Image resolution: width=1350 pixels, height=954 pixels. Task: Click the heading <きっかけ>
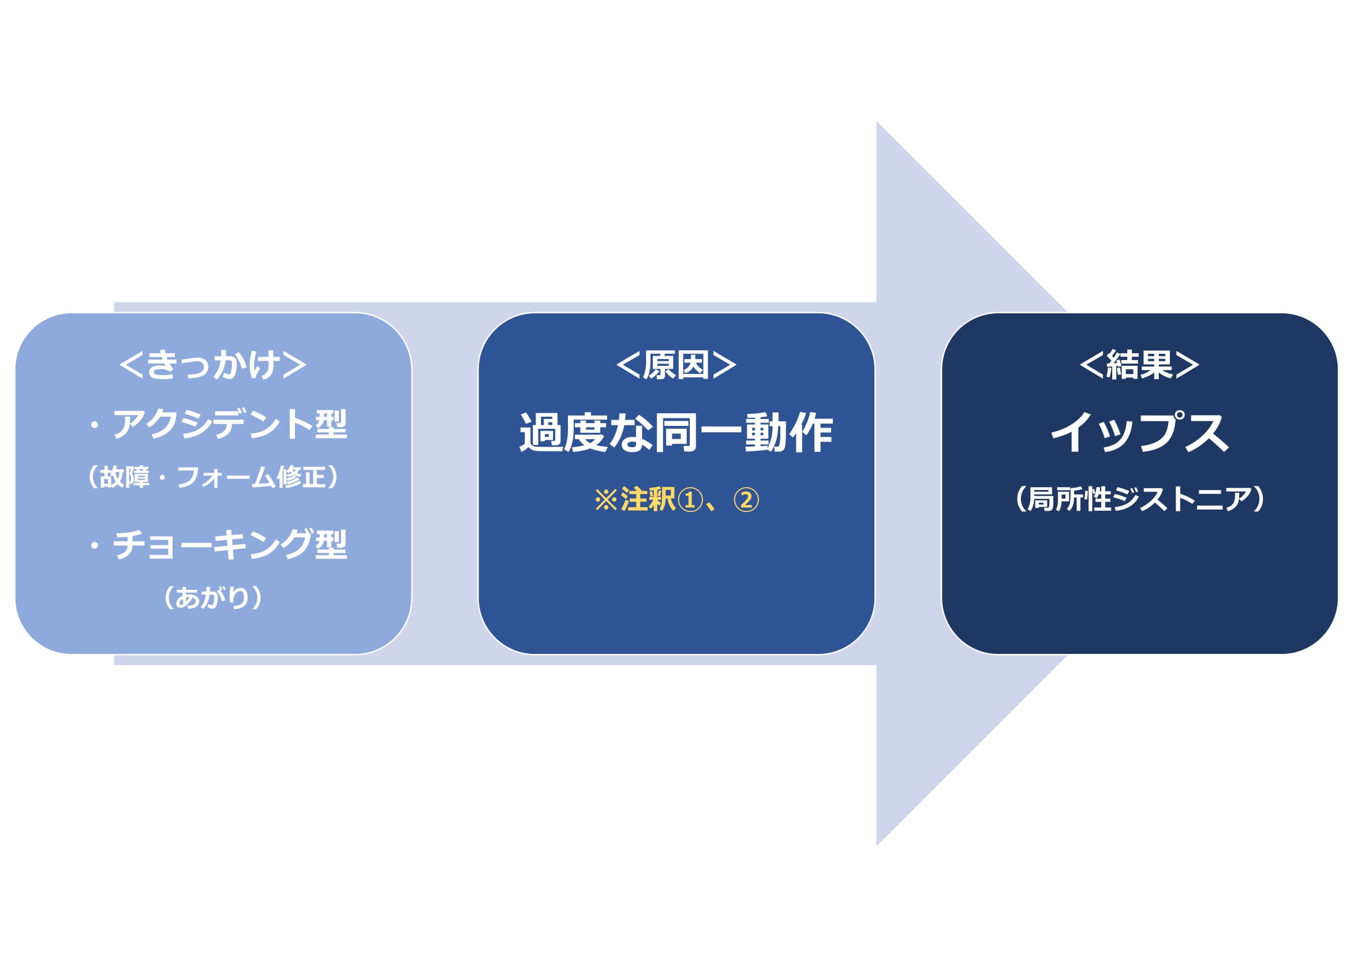click(x=213, y=365)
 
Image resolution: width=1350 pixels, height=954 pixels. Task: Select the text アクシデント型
click(x=230, y=424)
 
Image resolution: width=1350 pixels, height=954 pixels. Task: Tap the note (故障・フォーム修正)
click(x=213, y=477)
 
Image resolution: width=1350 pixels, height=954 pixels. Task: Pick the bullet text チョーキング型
click(x=230, y=544)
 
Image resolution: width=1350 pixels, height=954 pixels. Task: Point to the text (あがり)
click(x=213, y=597)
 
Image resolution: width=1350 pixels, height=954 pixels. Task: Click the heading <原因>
click(x=676, y=365)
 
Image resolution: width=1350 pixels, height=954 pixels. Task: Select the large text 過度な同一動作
click(x=676, y=433)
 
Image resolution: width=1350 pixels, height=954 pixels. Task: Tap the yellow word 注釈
click(x=648, y=500)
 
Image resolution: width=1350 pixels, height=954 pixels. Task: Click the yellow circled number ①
click(x=690, y=500)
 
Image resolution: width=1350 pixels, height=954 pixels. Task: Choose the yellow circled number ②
click(x=746, y=500)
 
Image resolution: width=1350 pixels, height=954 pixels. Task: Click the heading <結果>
click(x=1139, y=365)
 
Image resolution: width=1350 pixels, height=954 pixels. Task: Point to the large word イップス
click(x=1139, y=432)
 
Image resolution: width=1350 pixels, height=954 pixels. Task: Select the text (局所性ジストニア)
click(x=1139, y=499)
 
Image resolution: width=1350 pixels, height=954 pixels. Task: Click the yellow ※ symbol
click(x=606, y=500)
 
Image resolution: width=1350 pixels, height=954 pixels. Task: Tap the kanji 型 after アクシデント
click(x=332, y=424)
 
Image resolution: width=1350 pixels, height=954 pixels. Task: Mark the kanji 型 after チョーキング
click(x=332, y=544)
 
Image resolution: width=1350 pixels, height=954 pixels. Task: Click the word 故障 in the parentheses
click(x=125, y=477)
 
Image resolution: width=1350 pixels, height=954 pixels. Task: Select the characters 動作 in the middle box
click(x=789, y=433)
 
